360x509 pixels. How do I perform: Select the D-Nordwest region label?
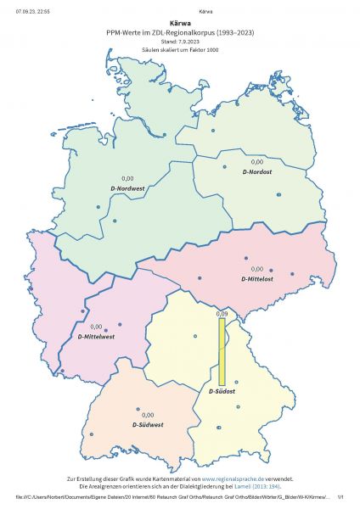coord(128,187)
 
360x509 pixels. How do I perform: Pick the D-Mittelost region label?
coord(257,277)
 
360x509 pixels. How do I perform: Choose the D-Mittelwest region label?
coord(96,336)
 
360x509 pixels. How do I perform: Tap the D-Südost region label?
coord(222,392)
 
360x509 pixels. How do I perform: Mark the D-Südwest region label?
coord(148,423)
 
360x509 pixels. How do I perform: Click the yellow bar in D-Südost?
coord(222,352)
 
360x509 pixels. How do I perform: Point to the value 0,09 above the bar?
coord(222,314)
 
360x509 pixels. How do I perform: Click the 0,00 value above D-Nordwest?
coord(128,177)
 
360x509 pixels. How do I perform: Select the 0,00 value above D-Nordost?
coord(257,161)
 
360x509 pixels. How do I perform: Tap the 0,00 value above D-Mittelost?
coord(257,269)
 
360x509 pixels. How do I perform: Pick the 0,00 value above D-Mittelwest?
coord(96,327)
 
